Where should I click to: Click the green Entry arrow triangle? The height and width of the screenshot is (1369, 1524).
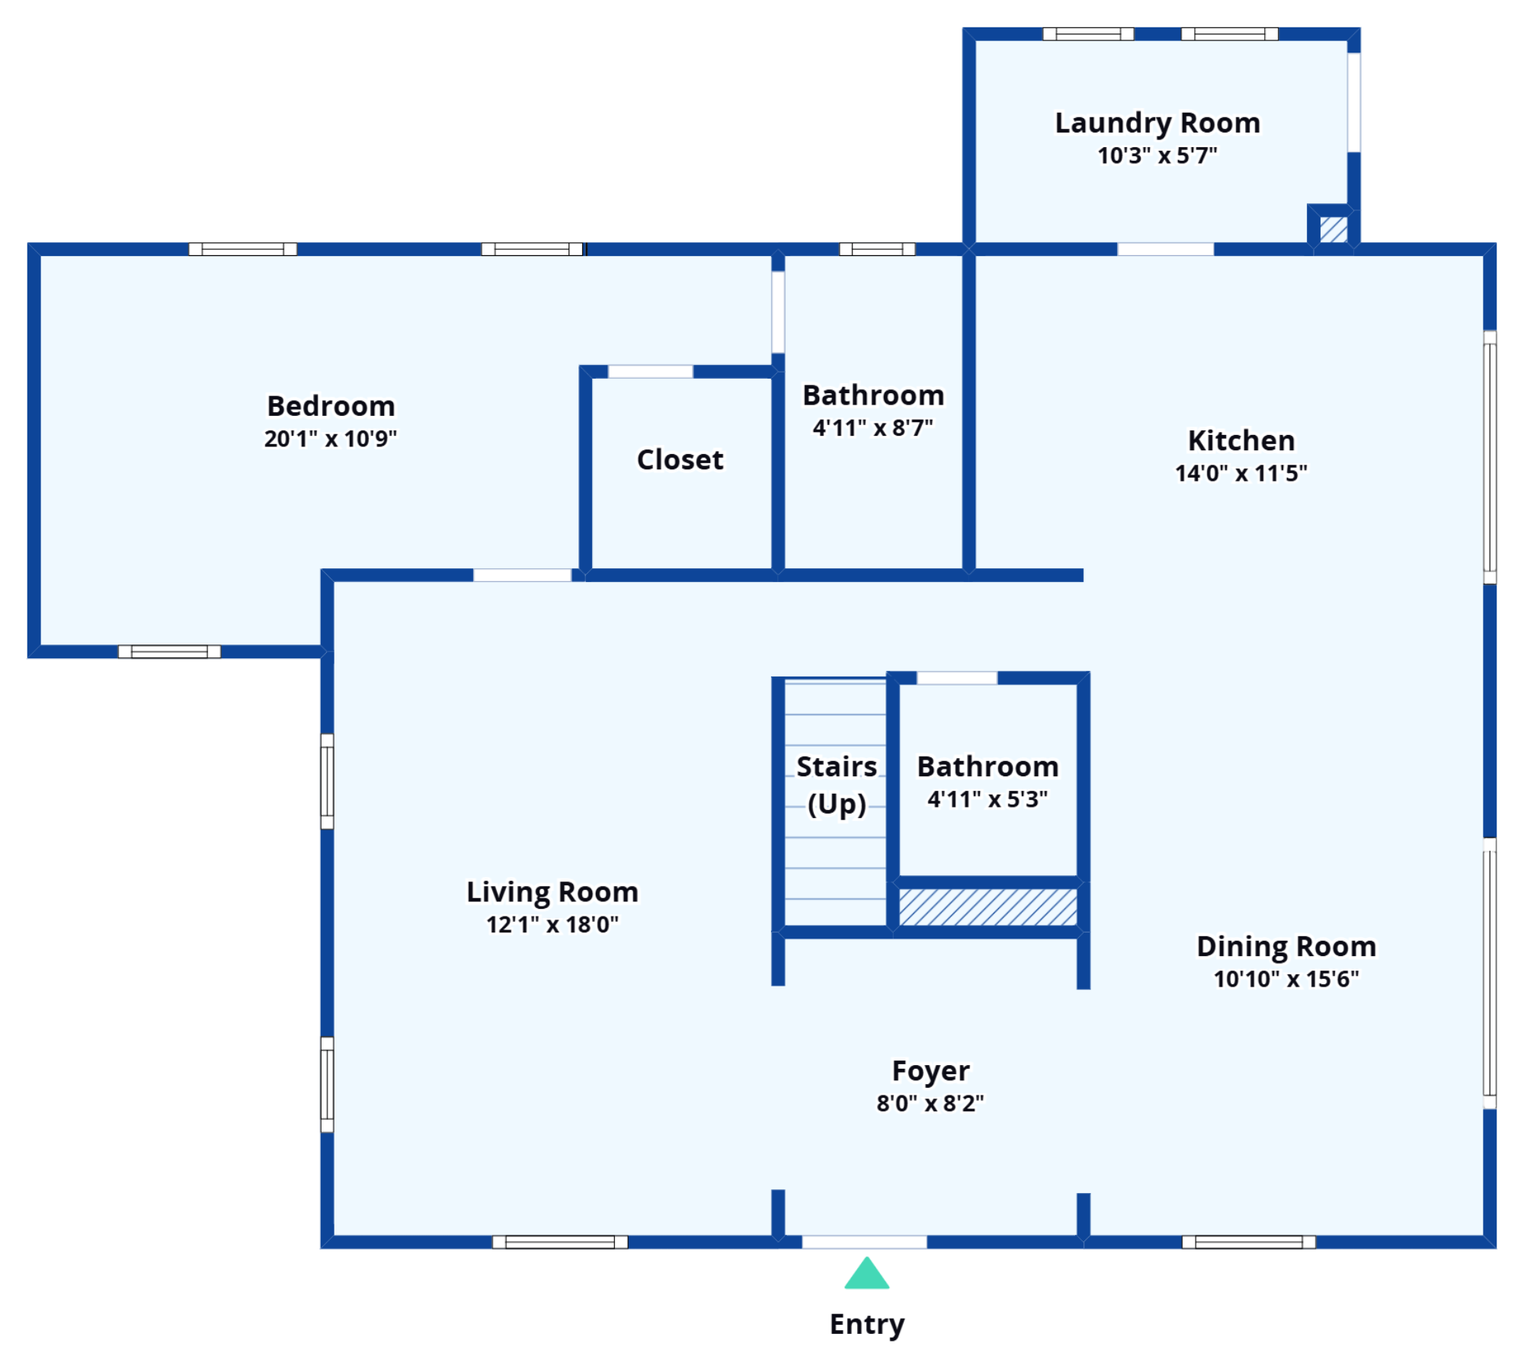(x=866, y=1273)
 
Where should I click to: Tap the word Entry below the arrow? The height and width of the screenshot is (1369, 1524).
(x=867, y=1324)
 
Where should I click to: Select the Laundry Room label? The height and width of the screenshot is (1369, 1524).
(x=1157, y=123)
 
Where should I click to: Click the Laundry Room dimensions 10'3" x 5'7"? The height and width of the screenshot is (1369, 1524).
(x=1157, y=155)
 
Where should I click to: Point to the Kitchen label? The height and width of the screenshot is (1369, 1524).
(x=1241, y=440)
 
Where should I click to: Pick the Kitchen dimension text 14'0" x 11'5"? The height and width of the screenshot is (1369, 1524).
(x=1241, y=473)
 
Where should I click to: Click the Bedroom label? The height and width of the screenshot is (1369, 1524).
(x=331, y=406)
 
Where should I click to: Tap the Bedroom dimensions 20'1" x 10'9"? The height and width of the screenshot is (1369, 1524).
(x=331, y=439)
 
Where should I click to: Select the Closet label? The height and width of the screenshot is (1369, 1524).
(x=680, y=459)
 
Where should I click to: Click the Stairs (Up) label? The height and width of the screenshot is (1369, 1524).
(x=837, y=785)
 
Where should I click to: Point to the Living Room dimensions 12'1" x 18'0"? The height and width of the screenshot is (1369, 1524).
(x=552, y=924)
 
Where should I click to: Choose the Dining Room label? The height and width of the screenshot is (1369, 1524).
(x=1286, y=946)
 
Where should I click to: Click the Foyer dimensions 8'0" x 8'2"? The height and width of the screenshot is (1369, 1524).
(x=930, y=1103)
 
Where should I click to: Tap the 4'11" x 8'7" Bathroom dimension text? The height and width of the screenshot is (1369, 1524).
(x=873, y=428)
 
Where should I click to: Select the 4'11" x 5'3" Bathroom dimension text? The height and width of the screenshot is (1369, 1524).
(x=988, y=799)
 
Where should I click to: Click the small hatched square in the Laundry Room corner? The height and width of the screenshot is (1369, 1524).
(x=1333, y=229)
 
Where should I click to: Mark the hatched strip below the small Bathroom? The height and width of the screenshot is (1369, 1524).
(x=988, y=907)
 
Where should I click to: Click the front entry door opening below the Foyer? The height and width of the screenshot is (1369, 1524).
(x=865, y=1242)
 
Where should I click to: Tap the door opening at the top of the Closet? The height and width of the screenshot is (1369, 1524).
(x=651, y=372)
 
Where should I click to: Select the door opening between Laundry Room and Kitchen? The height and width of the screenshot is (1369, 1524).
(x=1166, y=249)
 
